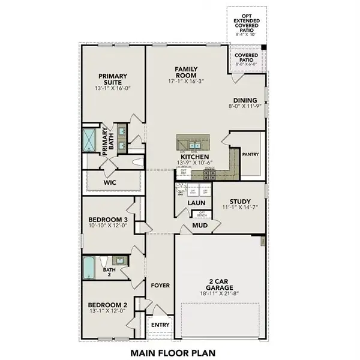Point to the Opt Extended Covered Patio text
coord(247,23)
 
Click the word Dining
coord(245,100)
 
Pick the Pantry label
coord(250,154)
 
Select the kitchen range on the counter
coord(210,175)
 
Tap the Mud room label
coord(200,226)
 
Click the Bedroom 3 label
coord(108,220)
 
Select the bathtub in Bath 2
coord(89,267)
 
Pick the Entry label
coord(160,325)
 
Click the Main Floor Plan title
coord(174,352)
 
